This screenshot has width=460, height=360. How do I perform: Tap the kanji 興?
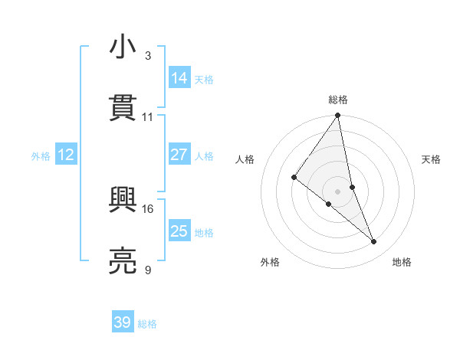(x=123, y=201)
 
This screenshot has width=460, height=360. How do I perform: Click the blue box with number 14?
(x=179, y=77)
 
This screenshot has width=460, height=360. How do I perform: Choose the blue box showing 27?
(x=179, y=155)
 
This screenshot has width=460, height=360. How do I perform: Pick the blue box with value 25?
(x=179, y=231)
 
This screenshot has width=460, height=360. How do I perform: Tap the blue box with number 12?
(x=66, y=155)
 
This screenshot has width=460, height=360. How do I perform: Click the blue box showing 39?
(x=123, y=322)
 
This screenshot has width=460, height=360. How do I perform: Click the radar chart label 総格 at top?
(x=338, y=100)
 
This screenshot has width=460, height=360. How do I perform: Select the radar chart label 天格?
(x=431, y=159)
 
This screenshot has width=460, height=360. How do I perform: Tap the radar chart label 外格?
(x=270, y=262)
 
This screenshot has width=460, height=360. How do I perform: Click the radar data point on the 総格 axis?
(x=338, y=116)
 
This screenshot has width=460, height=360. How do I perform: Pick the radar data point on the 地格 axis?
(x=374, y=242)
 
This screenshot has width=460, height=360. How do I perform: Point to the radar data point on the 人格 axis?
(x=294, y=177)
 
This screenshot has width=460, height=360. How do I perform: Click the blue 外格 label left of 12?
(x=41, y=155)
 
